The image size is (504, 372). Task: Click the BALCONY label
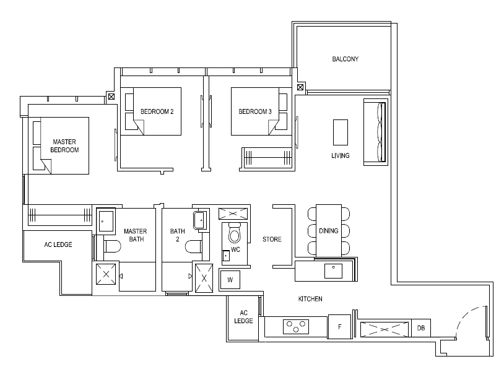(345, 59)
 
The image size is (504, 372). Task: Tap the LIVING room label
(341, 155)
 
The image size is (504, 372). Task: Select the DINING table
(329, 230)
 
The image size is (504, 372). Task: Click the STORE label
(272, 239)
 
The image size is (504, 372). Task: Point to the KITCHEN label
(310, 299)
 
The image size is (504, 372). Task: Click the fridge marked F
(339, 327)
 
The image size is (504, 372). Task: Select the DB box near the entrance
(421, 328)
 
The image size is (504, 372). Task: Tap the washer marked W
(230, 280)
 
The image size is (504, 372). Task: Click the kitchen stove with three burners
(296, 326)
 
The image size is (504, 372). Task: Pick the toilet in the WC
(234, 233)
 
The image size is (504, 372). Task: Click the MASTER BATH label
(136, 235)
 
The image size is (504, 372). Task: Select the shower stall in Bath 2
(204, 278)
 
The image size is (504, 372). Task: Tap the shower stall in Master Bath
(106, 274)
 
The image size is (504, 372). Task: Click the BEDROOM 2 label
(157, 111)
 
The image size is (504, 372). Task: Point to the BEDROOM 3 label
(255, 111)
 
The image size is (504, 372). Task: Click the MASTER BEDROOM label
(64, 146)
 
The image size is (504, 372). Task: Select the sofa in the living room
(376, 132)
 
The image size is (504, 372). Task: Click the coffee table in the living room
(341, 132)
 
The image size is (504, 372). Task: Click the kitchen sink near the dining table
(333, 271)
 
